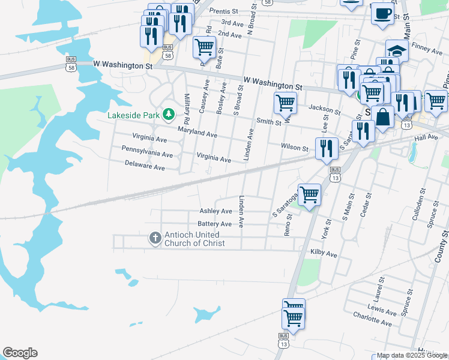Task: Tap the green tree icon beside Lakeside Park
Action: pos(170,114)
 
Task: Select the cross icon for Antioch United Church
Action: pos(155,239)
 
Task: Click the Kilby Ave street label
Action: pos(324,254)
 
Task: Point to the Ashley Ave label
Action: pos(215,211)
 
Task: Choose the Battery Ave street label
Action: pos(215,224)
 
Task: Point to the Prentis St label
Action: pos(224,11)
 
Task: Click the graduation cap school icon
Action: pos(397,49)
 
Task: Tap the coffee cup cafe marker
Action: pos(382,13)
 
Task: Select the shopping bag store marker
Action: pos(382,117)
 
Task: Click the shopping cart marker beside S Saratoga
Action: pos(309,194)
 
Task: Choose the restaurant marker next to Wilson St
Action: pos(326,148)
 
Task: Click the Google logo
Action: pos(20,353)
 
